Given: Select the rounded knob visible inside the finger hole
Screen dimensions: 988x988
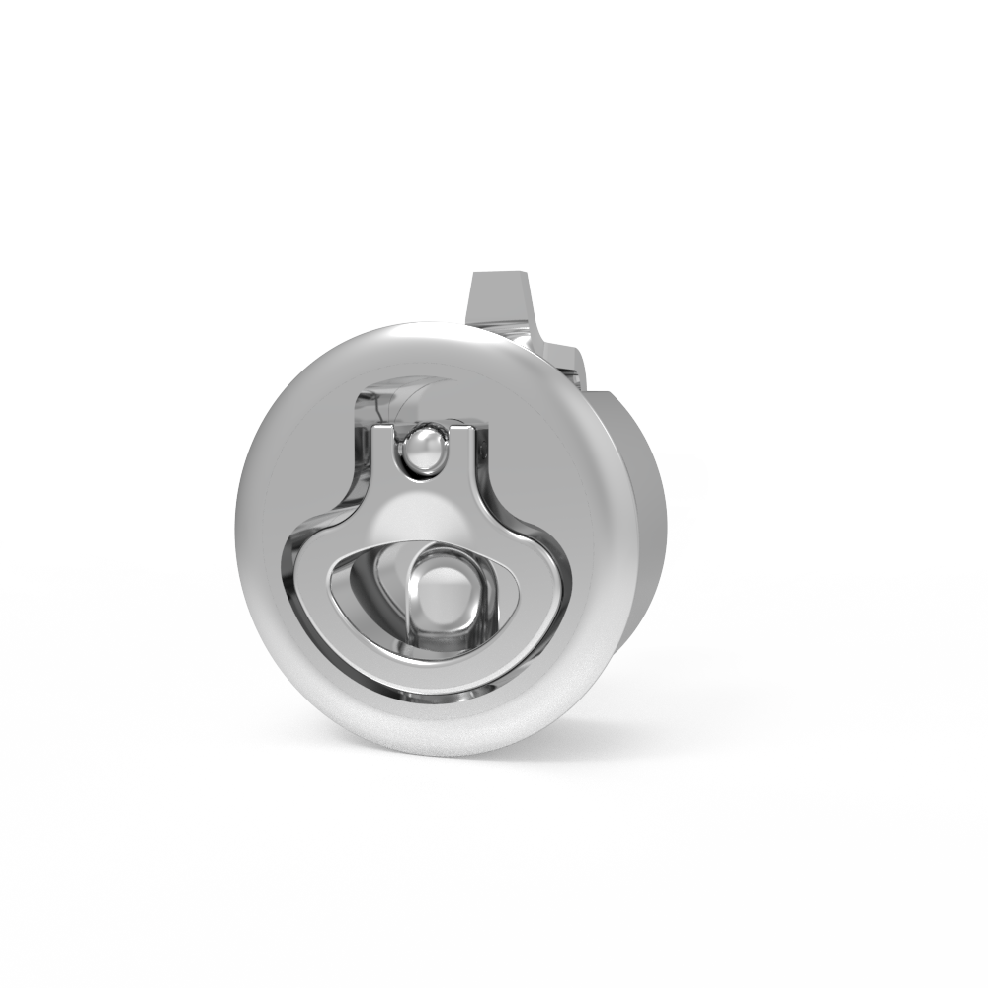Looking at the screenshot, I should point(445,593).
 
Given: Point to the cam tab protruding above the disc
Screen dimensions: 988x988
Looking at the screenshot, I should point(499,301).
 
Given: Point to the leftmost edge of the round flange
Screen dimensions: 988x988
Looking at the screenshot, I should point(240,534).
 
